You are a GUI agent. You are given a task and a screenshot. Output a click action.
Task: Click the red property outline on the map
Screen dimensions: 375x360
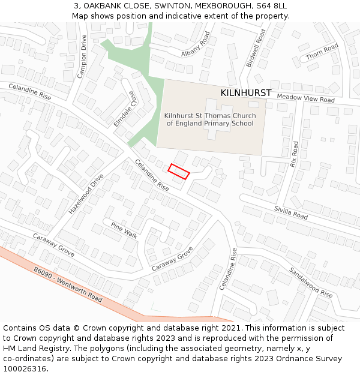tap(179, 171)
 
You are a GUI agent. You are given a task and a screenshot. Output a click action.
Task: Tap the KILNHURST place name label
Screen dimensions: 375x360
tap(246, 93)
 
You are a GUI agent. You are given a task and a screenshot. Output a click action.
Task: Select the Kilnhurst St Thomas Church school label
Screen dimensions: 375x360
tap(210, 119)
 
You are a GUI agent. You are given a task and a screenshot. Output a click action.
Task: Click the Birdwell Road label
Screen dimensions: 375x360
tap(256, 48)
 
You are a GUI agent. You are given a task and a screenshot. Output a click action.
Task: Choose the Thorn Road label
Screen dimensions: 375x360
tap(322, 52)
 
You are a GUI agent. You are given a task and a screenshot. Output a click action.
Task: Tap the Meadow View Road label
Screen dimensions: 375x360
tap(305, 98)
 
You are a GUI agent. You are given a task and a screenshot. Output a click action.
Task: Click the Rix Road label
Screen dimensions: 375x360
tap(294, 154)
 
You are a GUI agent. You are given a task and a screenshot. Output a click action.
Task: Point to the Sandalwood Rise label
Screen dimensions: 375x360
tap(310, 282)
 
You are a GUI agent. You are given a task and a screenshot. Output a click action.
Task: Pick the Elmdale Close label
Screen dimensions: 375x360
tap(125, 109)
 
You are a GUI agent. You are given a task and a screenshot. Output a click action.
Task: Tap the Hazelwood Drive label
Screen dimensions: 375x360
tap(86, 194)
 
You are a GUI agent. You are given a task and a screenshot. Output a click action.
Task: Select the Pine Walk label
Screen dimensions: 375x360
tap(124, 230)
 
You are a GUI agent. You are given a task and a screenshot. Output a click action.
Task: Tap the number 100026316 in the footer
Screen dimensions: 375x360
tap(25, 368)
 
